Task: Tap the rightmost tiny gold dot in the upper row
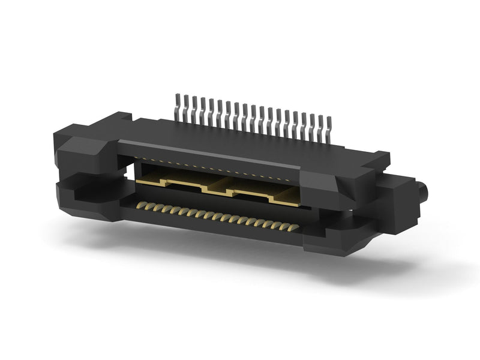coord(294,178)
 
